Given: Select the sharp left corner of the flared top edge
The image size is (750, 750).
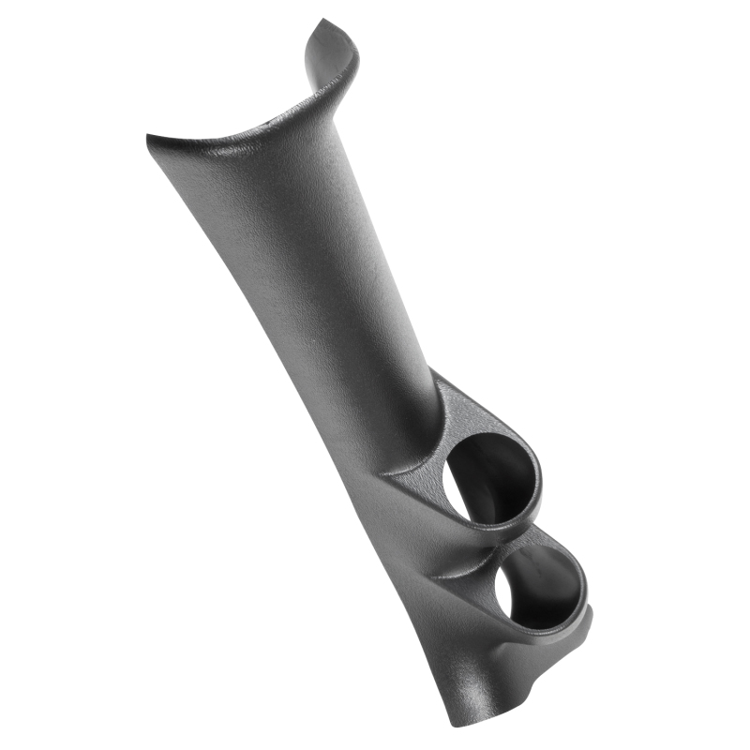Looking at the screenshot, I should (149, 138).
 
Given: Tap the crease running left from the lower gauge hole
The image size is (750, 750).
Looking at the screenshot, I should (459, 574).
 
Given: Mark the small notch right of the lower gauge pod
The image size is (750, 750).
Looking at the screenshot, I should (591, 614).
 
